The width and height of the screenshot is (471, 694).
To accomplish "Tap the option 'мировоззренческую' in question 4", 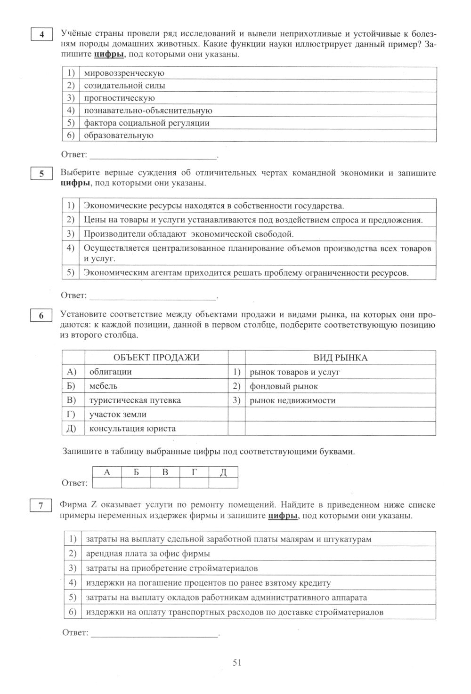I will [124, 73].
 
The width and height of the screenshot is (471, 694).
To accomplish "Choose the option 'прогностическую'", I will [119, 98].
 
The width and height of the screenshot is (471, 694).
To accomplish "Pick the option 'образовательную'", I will [118, 135].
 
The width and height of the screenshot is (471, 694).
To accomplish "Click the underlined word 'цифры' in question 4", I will [109, 55].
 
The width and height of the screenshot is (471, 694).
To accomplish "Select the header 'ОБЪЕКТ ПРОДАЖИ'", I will [156, 358].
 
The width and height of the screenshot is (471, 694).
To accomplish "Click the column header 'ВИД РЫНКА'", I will [340, 358].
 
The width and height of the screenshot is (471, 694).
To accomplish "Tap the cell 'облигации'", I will [110, 372].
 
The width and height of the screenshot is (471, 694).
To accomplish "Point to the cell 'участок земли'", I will [118, 414].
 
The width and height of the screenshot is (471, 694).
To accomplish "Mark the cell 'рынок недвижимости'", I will [292, 400].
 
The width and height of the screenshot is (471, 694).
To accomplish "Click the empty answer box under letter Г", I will [194, 483].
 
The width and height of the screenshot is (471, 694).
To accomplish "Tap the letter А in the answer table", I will [107, 472].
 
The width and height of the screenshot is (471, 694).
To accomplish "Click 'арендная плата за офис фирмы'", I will [147, 553].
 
